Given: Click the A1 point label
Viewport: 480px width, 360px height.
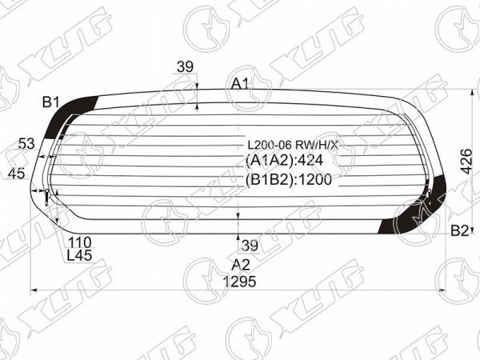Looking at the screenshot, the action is coord(240,83).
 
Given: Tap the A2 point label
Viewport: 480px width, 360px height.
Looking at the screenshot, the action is coord(241,265).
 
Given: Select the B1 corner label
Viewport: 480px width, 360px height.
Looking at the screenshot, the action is coord(51,102).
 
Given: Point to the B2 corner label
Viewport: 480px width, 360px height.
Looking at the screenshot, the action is coord(460,230).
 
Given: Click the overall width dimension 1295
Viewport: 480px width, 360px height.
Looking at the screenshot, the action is coord(239,281).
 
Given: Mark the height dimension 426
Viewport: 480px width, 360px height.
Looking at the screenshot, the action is coord(466,161).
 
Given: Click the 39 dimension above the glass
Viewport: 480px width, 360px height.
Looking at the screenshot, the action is coord(186,66).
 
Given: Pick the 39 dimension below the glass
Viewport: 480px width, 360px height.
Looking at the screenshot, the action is coord(250,246).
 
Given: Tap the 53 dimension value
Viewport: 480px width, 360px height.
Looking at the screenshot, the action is coord(26,143).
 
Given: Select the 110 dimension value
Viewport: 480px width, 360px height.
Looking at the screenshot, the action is coord(79,242).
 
